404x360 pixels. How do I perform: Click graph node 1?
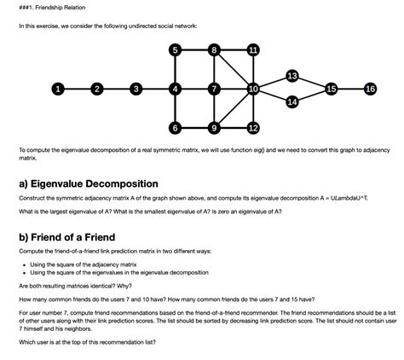57,89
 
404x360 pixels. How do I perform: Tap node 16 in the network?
369,89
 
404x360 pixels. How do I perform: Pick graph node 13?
292,76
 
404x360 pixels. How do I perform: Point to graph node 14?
292,102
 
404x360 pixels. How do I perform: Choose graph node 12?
253,128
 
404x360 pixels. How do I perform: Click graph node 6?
175,128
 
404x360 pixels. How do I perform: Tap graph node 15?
332,89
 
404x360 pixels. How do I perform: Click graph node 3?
136,89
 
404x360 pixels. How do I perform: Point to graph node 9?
214,128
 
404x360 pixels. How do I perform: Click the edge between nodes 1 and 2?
77,89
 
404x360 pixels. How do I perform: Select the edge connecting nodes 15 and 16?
350,89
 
